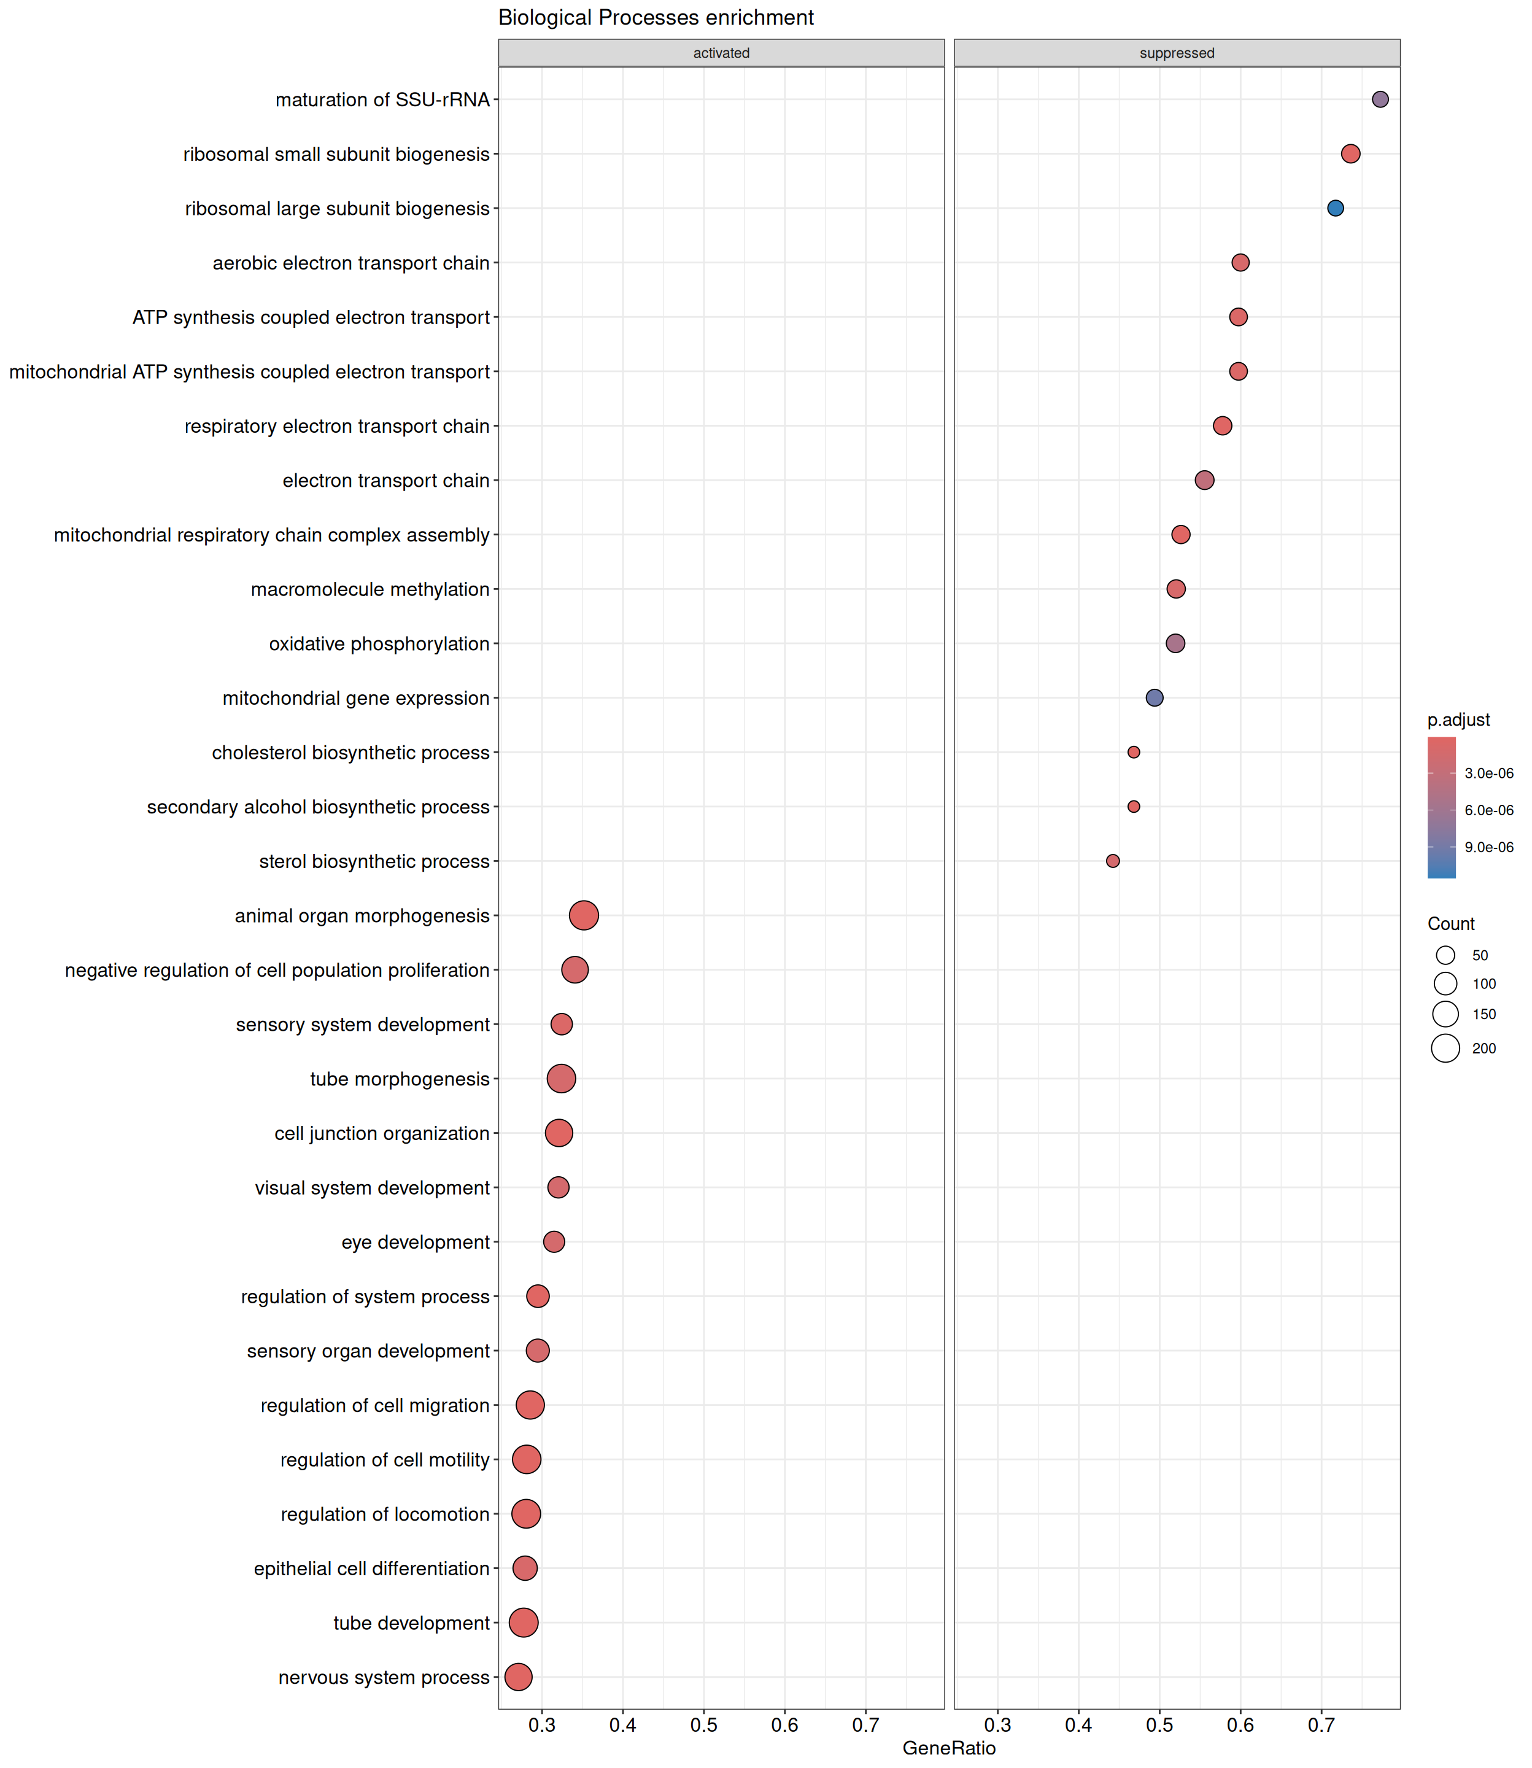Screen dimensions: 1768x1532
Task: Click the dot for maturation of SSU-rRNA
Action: tap(1380, 99)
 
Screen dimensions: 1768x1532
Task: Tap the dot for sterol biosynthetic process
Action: tap(1112, 861)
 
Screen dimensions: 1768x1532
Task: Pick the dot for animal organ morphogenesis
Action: tap(584, 916)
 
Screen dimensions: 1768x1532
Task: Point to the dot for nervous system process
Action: tap(518, 1677)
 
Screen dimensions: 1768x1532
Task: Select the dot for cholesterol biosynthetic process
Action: tap(1134, 753)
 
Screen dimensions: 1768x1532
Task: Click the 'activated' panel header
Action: tap(721, 53)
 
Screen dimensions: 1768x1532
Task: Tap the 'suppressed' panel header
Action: tap(1177, 53)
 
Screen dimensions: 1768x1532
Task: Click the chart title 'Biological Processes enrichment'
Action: tap(656, 18)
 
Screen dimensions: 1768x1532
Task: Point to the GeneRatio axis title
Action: tap(949, 1748)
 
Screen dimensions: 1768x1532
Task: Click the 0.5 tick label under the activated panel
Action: tap(703, 1725)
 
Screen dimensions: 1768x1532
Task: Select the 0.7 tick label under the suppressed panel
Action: tap(1321, 1725)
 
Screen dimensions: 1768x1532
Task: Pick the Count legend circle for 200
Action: tap(1445, 1048)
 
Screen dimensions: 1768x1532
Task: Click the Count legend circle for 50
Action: tap(1445, 955)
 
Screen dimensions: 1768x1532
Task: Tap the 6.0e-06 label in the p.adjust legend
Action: tap(1488, 810)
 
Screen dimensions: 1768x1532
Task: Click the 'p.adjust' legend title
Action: tap(1458, 720)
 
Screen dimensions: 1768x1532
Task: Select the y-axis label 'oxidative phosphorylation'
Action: tap(379, 644)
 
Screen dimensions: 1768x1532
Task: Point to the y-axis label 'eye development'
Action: tap(416, 1243)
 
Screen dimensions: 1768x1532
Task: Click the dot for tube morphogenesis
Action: tap(561, 1079)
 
